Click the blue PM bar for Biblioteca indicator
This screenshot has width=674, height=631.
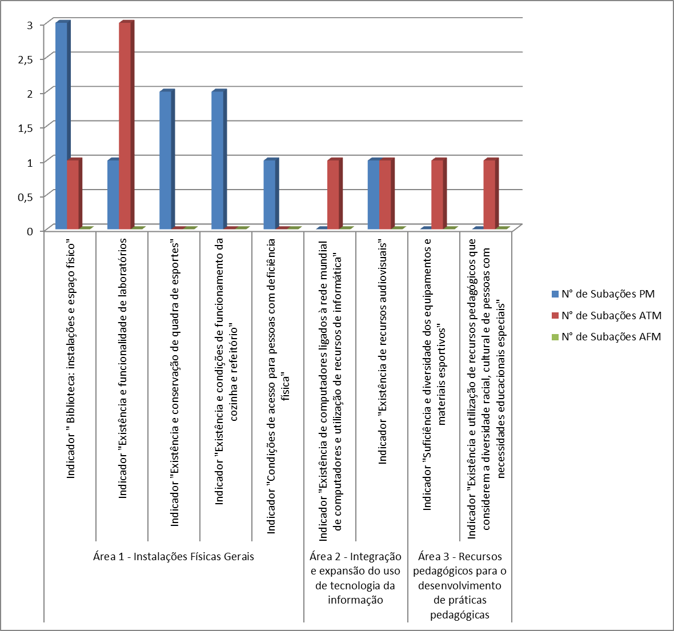(61, 126)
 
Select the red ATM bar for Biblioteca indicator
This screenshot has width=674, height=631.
(73, 194)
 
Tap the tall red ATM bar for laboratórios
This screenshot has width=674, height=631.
(125, 126)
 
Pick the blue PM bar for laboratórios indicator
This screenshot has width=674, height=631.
(113, 194)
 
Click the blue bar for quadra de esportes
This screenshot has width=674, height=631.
(165, 160)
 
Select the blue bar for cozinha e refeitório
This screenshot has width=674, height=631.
(217, 160)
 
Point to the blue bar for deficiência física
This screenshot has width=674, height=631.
(269, 194)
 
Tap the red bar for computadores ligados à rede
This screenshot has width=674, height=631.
(333, 194)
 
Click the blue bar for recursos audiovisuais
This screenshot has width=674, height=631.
(373, 194)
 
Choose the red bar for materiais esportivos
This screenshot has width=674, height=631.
(437, 194)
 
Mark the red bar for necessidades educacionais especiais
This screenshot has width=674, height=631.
(489, 194)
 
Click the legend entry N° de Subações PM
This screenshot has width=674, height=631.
(608, 294)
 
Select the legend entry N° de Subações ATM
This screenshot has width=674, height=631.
(611, 315)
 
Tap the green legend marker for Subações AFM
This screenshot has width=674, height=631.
(555, 337)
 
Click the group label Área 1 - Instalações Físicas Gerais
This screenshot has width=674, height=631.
(174, 557)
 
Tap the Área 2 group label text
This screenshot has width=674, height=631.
(355, 578)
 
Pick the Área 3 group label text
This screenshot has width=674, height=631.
(460, 585)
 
